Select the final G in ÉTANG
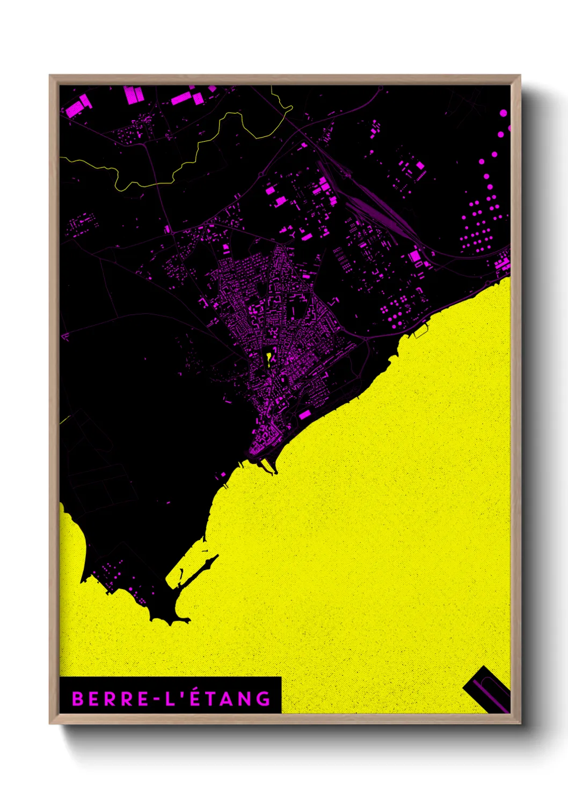click(x=264, y=699)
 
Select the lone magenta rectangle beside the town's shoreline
click(x=305, y=415)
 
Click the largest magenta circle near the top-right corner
click(x=503, y=113)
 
